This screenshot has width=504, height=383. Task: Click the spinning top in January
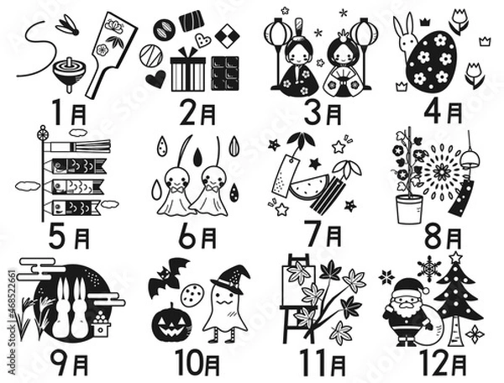68,72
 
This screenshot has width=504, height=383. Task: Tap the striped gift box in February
187,73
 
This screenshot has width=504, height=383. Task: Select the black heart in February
155,79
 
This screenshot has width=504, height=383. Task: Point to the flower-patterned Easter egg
432,60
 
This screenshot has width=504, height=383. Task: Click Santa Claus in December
409,311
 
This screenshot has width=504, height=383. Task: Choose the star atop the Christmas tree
455,257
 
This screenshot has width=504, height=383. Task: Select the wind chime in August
463,189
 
